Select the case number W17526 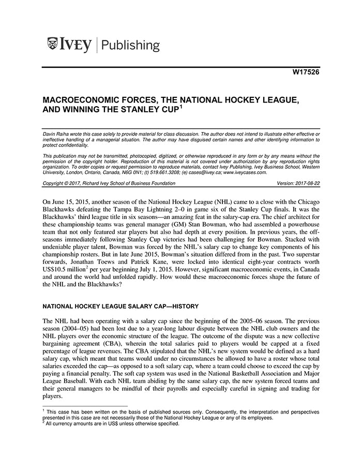pos(305,73)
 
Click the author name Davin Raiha pos(57,134)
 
